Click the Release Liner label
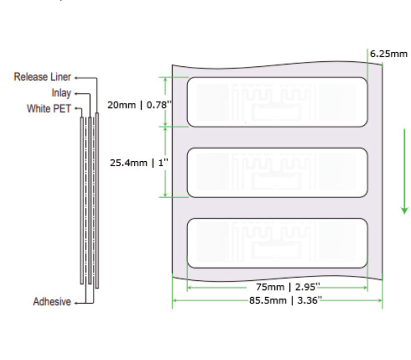tap(42, 77)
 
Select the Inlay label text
tap(61, 93)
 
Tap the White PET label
tap(49, 109)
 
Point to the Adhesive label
tap(52, 302)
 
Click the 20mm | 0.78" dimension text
tap(140, 105)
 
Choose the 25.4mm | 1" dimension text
tap(139, 163)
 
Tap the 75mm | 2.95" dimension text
tap(288, 287)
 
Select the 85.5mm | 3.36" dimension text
tap(286, 300)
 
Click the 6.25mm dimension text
tap(389, 54)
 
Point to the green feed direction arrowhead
tap(404, 210)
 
